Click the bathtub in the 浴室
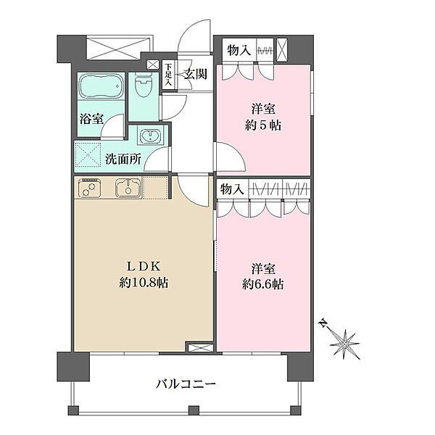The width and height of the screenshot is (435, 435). coord(101,86)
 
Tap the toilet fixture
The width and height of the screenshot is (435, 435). coord(144,84)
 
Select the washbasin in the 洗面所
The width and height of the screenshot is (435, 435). coord(150,136)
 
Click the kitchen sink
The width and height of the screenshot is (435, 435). coord(128,188)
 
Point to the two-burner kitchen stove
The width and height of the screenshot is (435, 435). coord(89,188)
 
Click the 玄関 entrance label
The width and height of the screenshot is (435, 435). coord(196,74)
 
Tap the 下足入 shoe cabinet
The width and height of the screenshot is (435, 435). coord(169,75)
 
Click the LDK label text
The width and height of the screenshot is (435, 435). coord(144,267)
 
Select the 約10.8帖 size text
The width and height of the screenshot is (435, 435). coord(144,283)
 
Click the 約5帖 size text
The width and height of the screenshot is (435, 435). coord(263,125)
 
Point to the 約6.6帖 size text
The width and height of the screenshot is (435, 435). coord(263,285)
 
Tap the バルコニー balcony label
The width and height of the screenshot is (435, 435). coord(186,384)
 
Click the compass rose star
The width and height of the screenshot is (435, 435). coord(345,344)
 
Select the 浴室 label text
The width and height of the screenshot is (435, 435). coord(92,118)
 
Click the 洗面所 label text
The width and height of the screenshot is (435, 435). coord(123,159)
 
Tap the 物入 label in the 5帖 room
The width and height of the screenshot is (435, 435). coord(239,51)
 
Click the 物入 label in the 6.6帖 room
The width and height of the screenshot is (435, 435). coord(232,190)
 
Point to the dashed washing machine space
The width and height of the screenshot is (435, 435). coord(88,155)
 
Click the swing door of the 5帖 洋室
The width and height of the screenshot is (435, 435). coord(231,157)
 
